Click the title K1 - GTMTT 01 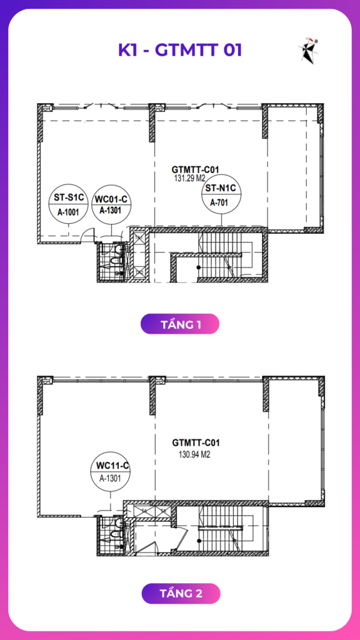(x=180, y=50)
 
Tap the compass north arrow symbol (x=308, y=50)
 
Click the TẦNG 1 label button (x=180, y=324)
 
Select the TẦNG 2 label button (x=181, y=594)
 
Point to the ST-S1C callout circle (x=69, y=205)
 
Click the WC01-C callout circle (x=111, y=205)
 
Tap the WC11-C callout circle (x=110, y=472)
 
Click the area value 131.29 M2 (x=189, y=178)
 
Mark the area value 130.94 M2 (x=194, y=455)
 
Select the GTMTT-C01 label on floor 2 (x=196, y=442)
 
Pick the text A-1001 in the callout (x=69, y=212)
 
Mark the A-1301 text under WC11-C (x=110, y=479)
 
